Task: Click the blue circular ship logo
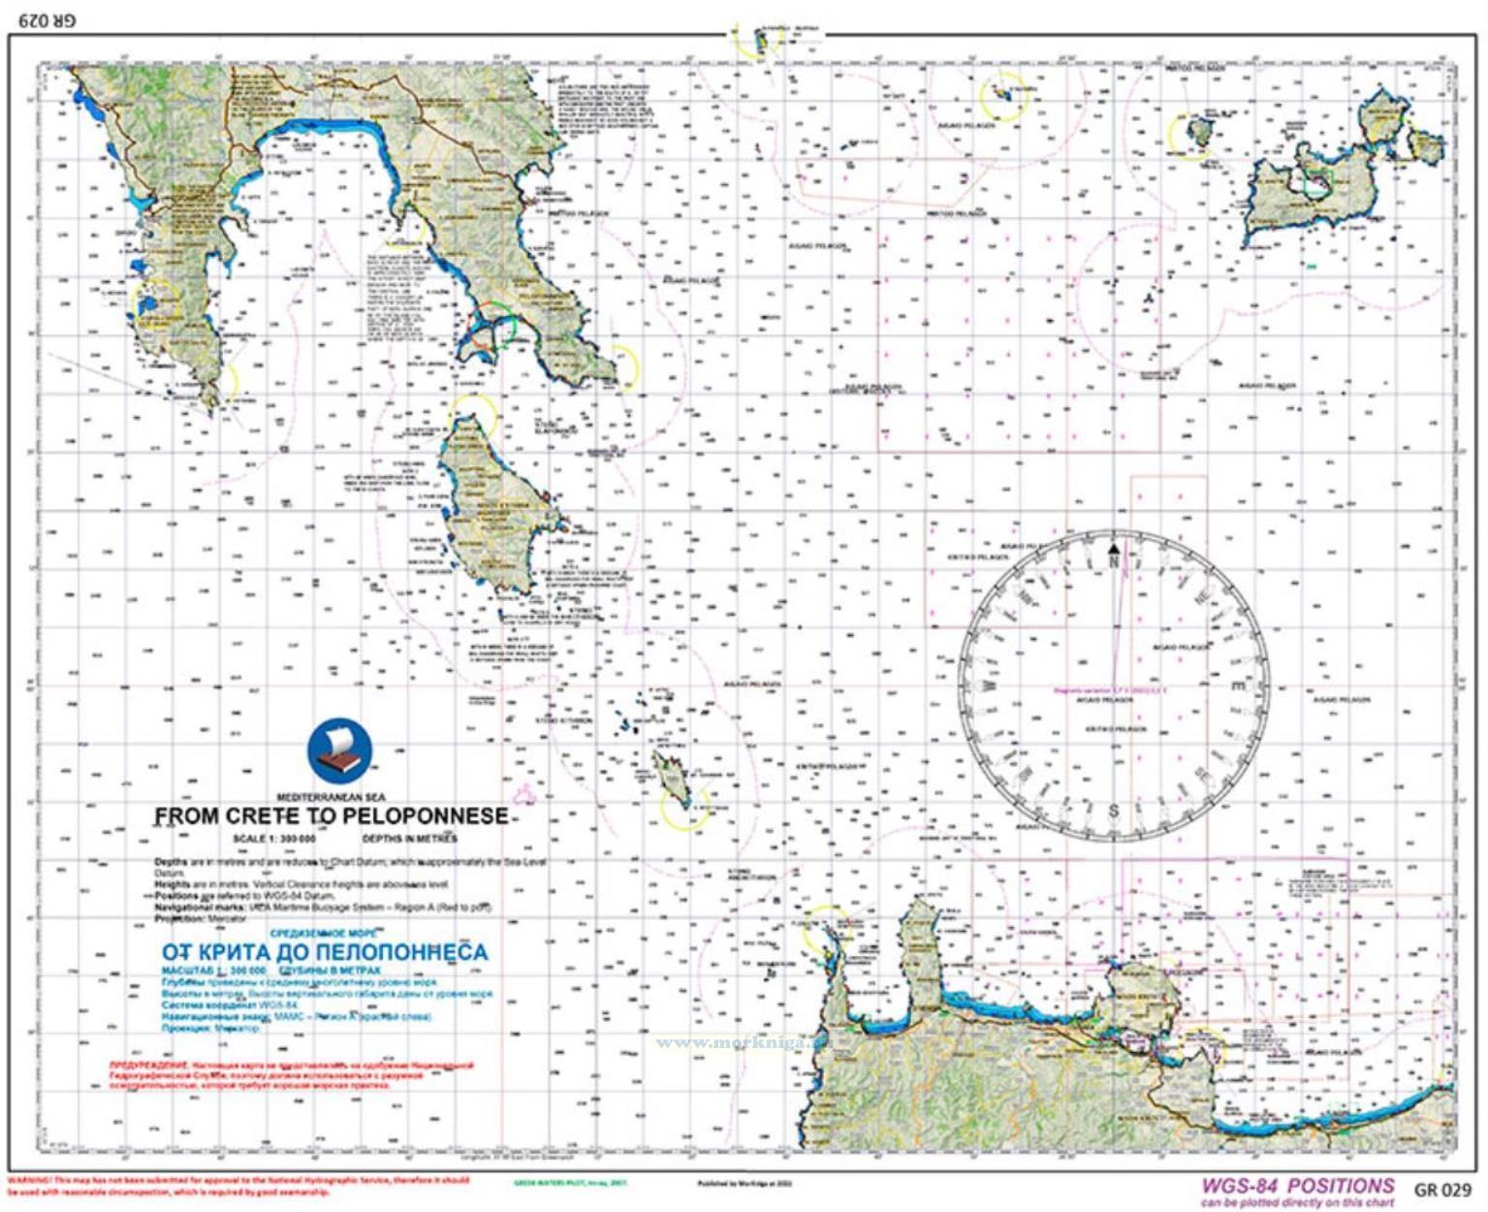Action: [x=339, y=749]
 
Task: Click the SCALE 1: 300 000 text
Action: [x=274, y=839]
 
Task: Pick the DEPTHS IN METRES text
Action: [x=409, y=839]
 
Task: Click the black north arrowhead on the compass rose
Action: [x=1114, y=549]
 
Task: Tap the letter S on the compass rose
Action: [x=1114, y=811]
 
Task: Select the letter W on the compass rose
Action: [x=988, y=685]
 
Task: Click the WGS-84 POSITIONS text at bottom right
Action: [x=1297, y=1186]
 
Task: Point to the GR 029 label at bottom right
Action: [x=1442, y=1190]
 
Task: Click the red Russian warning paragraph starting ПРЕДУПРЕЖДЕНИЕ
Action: [x=291, y=1075]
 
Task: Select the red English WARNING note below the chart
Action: [x=237, y=1186]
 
